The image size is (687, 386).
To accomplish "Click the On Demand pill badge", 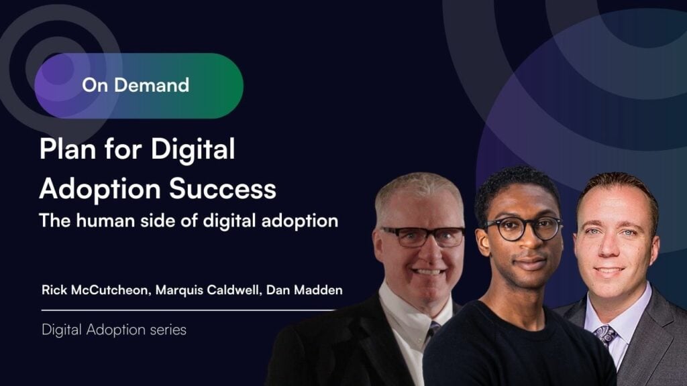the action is click(x=139, y=85).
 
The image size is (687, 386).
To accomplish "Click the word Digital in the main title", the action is click(x=193, y=149).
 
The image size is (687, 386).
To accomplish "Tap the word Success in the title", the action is click(x=223, y=188).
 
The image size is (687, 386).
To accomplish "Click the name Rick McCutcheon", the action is click(x=94, y=290).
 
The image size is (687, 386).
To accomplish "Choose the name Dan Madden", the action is click(x=304, y=290).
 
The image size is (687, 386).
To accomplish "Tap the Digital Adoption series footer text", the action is click(x=114, y=330).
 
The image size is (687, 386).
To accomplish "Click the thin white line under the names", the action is click(x=189, y=310).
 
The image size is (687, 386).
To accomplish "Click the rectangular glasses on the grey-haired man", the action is click(x=423, y=237).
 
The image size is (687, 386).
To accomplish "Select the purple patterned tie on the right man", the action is click(x=606, y=336).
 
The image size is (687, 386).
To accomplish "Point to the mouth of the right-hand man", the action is click(x=609, y=271).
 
